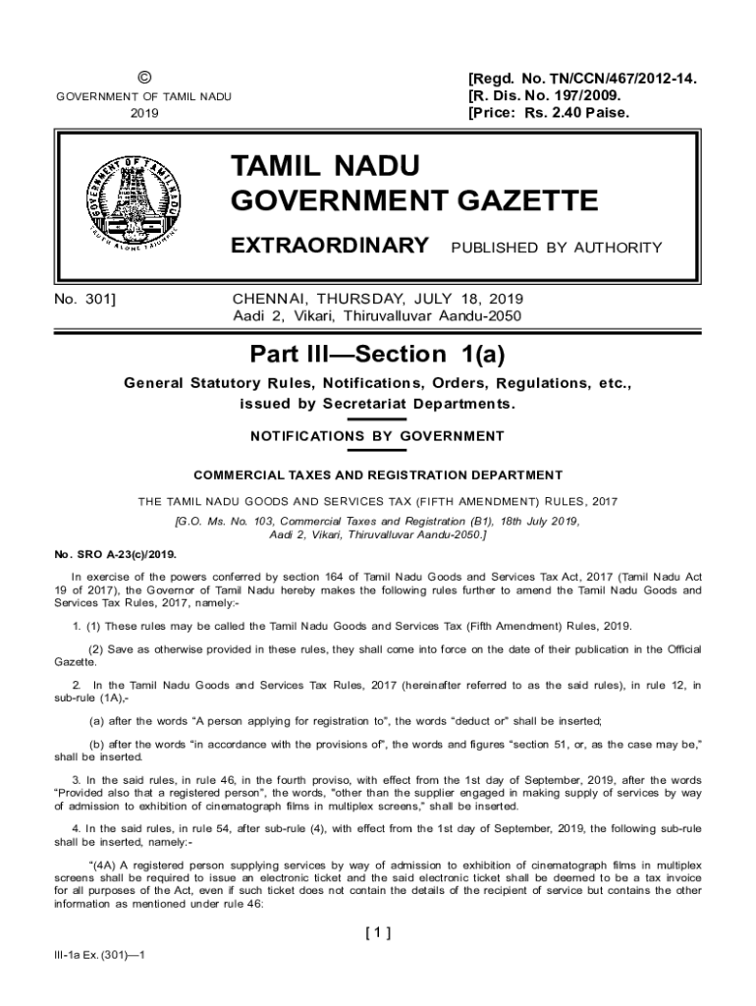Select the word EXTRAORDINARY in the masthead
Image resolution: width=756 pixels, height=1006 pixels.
[x=329, y=245]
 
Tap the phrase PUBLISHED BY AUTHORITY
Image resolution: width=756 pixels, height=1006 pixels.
[x=556, y=248]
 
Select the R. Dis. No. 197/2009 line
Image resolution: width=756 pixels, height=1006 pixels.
[x=546, y=95]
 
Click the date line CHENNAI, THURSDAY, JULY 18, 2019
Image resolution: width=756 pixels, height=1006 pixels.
[x=378, y=298]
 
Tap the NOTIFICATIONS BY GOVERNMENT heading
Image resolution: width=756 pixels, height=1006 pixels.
[x=378, y=436]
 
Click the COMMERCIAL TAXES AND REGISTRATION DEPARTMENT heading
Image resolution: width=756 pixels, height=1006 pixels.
[x=378, y=475]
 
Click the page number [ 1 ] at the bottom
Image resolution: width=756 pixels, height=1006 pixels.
[x=378, y=933]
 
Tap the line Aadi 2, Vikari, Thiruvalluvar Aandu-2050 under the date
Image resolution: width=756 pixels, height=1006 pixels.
[x=378, y=315]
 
